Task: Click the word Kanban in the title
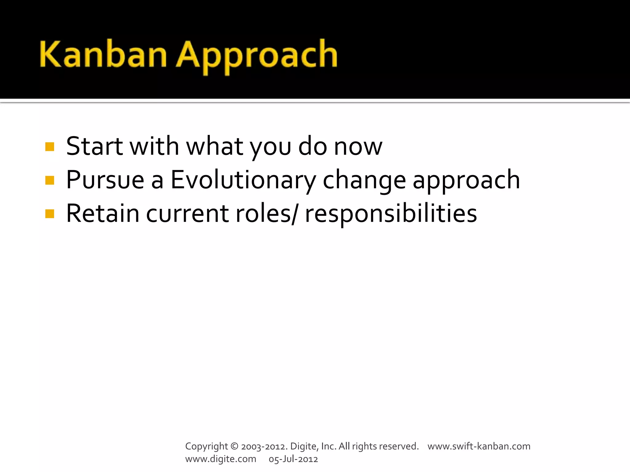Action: [103, 55]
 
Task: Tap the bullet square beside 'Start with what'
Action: [50, 147]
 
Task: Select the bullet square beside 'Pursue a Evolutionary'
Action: [50, 180]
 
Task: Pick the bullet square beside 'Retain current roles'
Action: [50, 214]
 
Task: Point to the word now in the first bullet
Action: [358, 147]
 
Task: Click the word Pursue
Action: [105, 180]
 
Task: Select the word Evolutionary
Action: [243, 181]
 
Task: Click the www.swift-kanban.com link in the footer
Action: [479, 446]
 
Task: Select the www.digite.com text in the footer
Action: [221, 459]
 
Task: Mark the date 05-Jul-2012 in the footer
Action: [293, 459]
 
